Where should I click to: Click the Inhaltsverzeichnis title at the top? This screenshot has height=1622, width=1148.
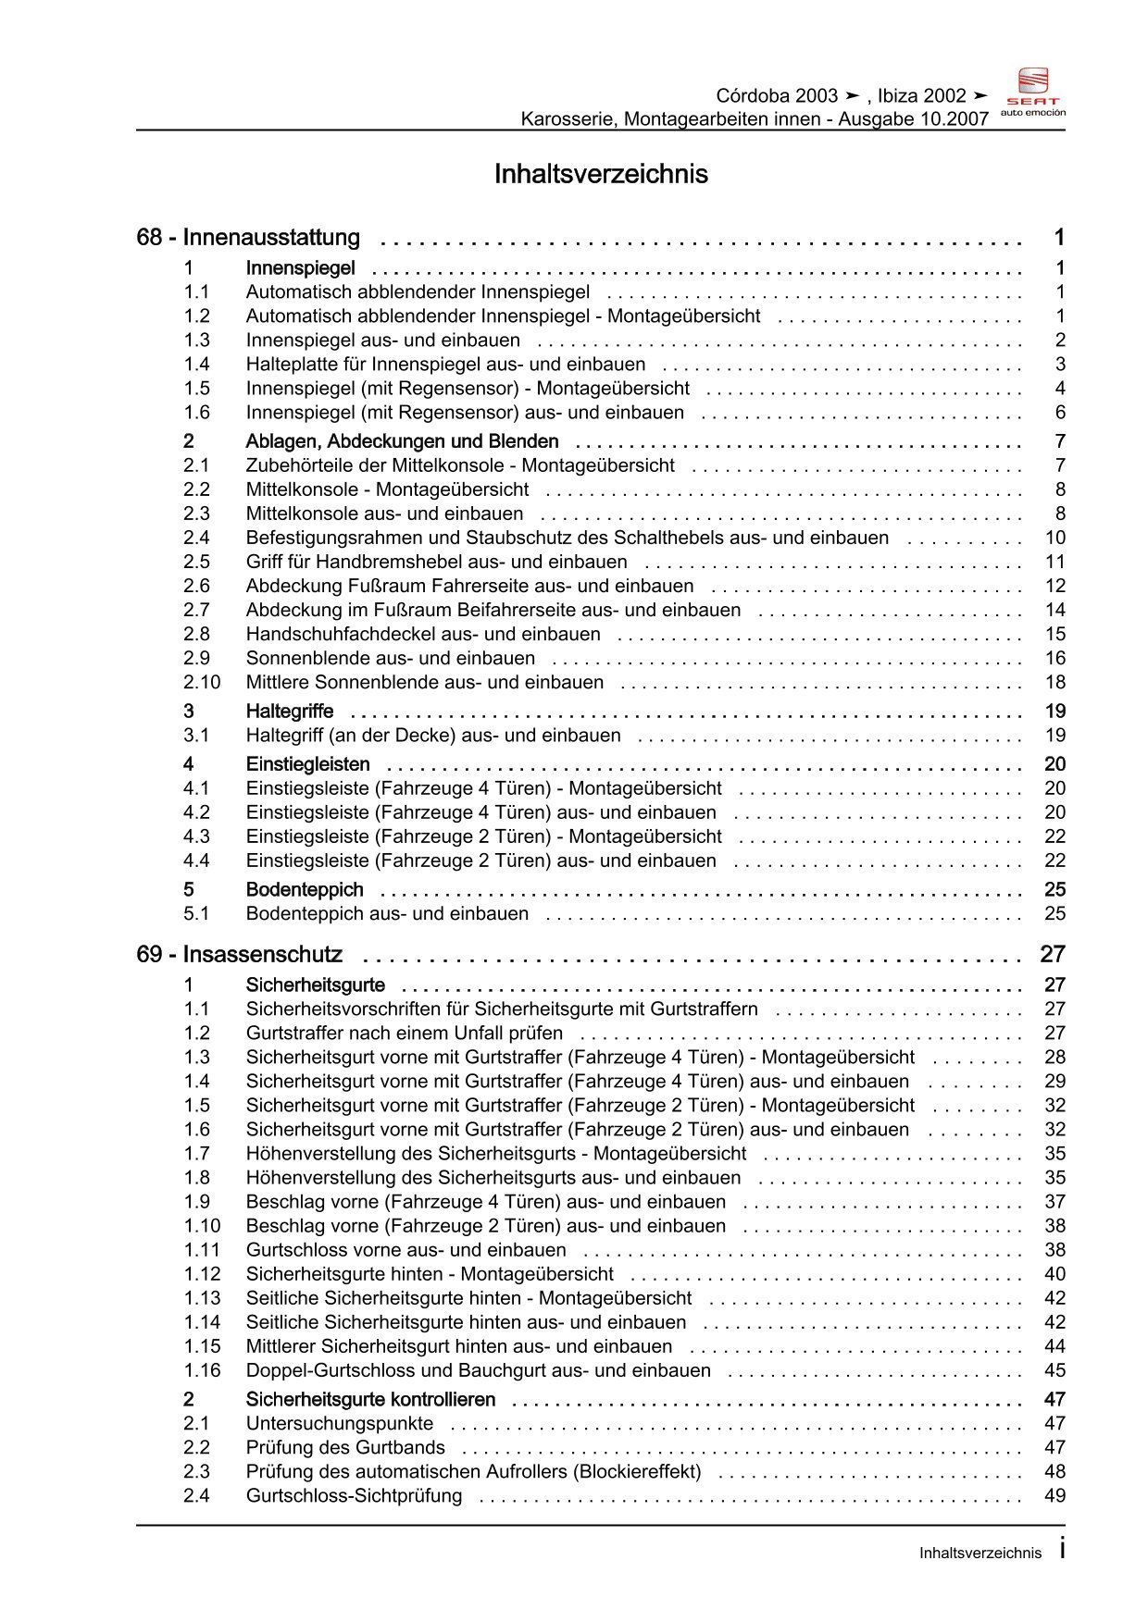(601, 174)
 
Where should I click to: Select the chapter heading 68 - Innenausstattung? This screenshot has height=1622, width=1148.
(248, 238)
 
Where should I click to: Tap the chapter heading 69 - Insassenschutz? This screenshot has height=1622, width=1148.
(239, 954)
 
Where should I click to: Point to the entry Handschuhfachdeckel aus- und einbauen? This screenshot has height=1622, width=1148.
(423, 634)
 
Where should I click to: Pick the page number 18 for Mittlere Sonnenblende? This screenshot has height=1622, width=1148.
(1054, 682)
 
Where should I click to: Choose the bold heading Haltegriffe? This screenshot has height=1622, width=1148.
(290, 711)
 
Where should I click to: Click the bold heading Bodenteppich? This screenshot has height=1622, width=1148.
(305, 889)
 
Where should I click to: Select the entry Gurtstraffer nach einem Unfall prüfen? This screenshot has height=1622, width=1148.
(405, 1033)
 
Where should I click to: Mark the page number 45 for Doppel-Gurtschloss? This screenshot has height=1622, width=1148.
(1054, 1369)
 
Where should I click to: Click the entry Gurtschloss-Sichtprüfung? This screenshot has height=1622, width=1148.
(354, 1495)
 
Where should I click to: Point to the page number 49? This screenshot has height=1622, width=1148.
(1054, 1495)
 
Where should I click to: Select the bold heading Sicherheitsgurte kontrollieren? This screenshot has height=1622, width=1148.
(370, 1399)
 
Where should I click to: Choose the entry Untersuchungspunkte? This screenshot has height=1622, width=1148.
(340, 1423)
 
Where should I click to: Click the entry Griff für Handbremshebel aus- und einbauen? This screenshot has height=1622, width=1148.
(437, 562)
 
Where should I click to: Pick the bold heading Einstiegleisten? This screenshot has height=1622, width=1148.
(307, 763)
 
